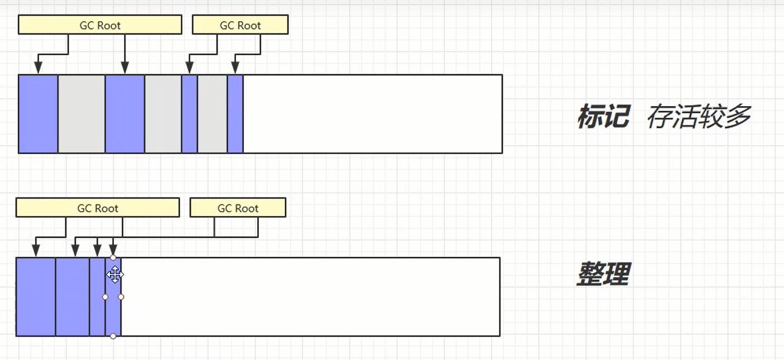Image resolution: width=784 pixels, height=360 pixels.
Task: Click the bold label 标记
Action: pos(603,116)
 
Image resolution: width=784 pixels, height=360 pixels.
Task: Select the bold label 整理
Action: pos(603,274)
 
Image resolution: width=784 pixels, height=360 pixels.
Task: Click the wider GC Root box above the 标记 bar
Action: pos(100,25)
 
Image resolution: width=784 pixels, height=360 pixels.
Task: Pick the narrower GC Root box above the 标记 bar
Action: pos(240,25)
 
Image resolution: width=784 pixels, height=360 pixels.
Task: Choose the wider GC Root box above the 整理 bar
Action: pos(98,208)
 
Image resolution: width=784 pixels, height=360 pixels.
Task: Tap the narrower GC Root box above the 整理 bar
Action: pos(238,208)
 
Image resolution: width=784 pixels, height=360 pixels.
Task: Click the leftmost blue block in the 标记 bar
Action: pos(38,114)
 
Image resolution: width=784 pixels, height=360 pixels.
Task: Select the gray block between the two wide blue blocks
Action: pos(81,114)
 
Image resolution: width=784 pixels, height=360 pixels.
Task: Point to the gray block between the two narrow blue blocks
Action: pos(213,114)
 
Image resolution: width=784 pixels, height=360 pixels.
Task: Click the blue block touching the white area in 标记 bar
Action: pos(235,114)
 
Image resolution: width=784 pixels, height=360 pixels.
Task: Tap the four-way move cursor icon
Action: pos(115,275)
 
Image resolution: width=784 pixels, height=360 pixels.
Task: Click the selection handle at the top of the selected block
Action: pos(113,258)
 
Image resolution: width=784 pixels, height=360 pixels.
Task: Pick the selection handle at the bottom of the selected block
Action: pos(113,336)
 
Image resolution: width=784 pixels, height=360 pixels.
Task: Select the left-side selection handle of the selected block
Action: pos(105,297)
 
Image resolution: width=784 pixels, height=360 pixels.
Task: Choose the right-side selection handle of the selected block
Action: pos(121,297)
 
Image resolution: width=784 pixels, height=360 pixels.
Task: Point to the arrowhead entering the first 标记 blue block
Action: pos(38,68)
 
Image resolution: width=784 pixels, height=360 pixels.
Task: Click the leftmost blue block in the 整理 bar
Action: pos(36,297)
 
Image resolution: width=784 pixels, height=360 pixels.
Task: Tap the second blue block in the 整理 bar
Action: pos(73,297)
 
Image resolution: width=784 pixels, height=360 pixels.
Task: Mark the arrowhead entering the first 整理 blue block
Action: pos(36,251)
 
